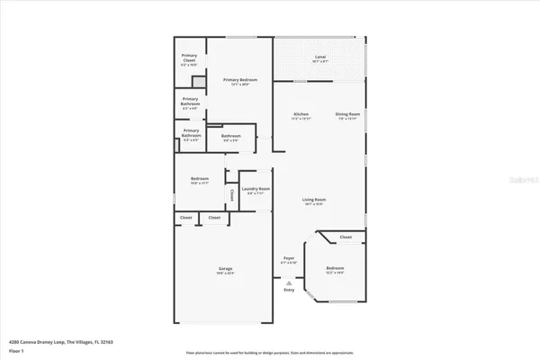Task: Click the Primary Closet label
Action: pyautogui.click(x=189, y=59)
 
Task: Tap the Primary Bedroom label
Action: pyautogui.click(x=240, y=82)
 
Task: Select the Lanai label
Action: pyautogui.click(x=319, y=59)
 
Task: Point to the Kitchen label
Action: pyautogui.click(x=301, y=115)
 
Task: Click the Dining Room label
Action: pyautogui.click(x=347, y=115)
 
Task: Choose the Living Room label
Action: pyautogui.click(x=313, y=201)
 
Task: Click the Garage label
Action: pyautogui.click(x=226, y=270)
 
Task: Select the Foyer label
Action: pyautogui.click(x=289, y=259)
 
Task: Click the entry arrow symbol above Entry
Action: pyautogui.click(x=289, y=281)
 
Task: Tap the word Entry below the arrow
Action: pyautogui.click(x=289, y=290)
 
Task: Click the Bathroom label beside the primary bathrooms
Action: pyautogui.click(x=231, y=138)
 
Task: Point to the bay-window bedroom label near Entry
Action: pyautogui.click(x=334, y=270)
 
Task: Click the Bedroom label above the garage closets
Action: pyautogui.click(x=200, y=181)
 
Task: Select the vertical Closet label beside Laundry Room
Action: pyautogui.click(x=231, y=193)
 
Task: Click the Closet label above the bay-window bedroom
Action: pyautogui.click(x=346, y=238)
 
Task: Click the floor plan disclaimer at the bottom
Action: pyautogui.click(x=270, y=353)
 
